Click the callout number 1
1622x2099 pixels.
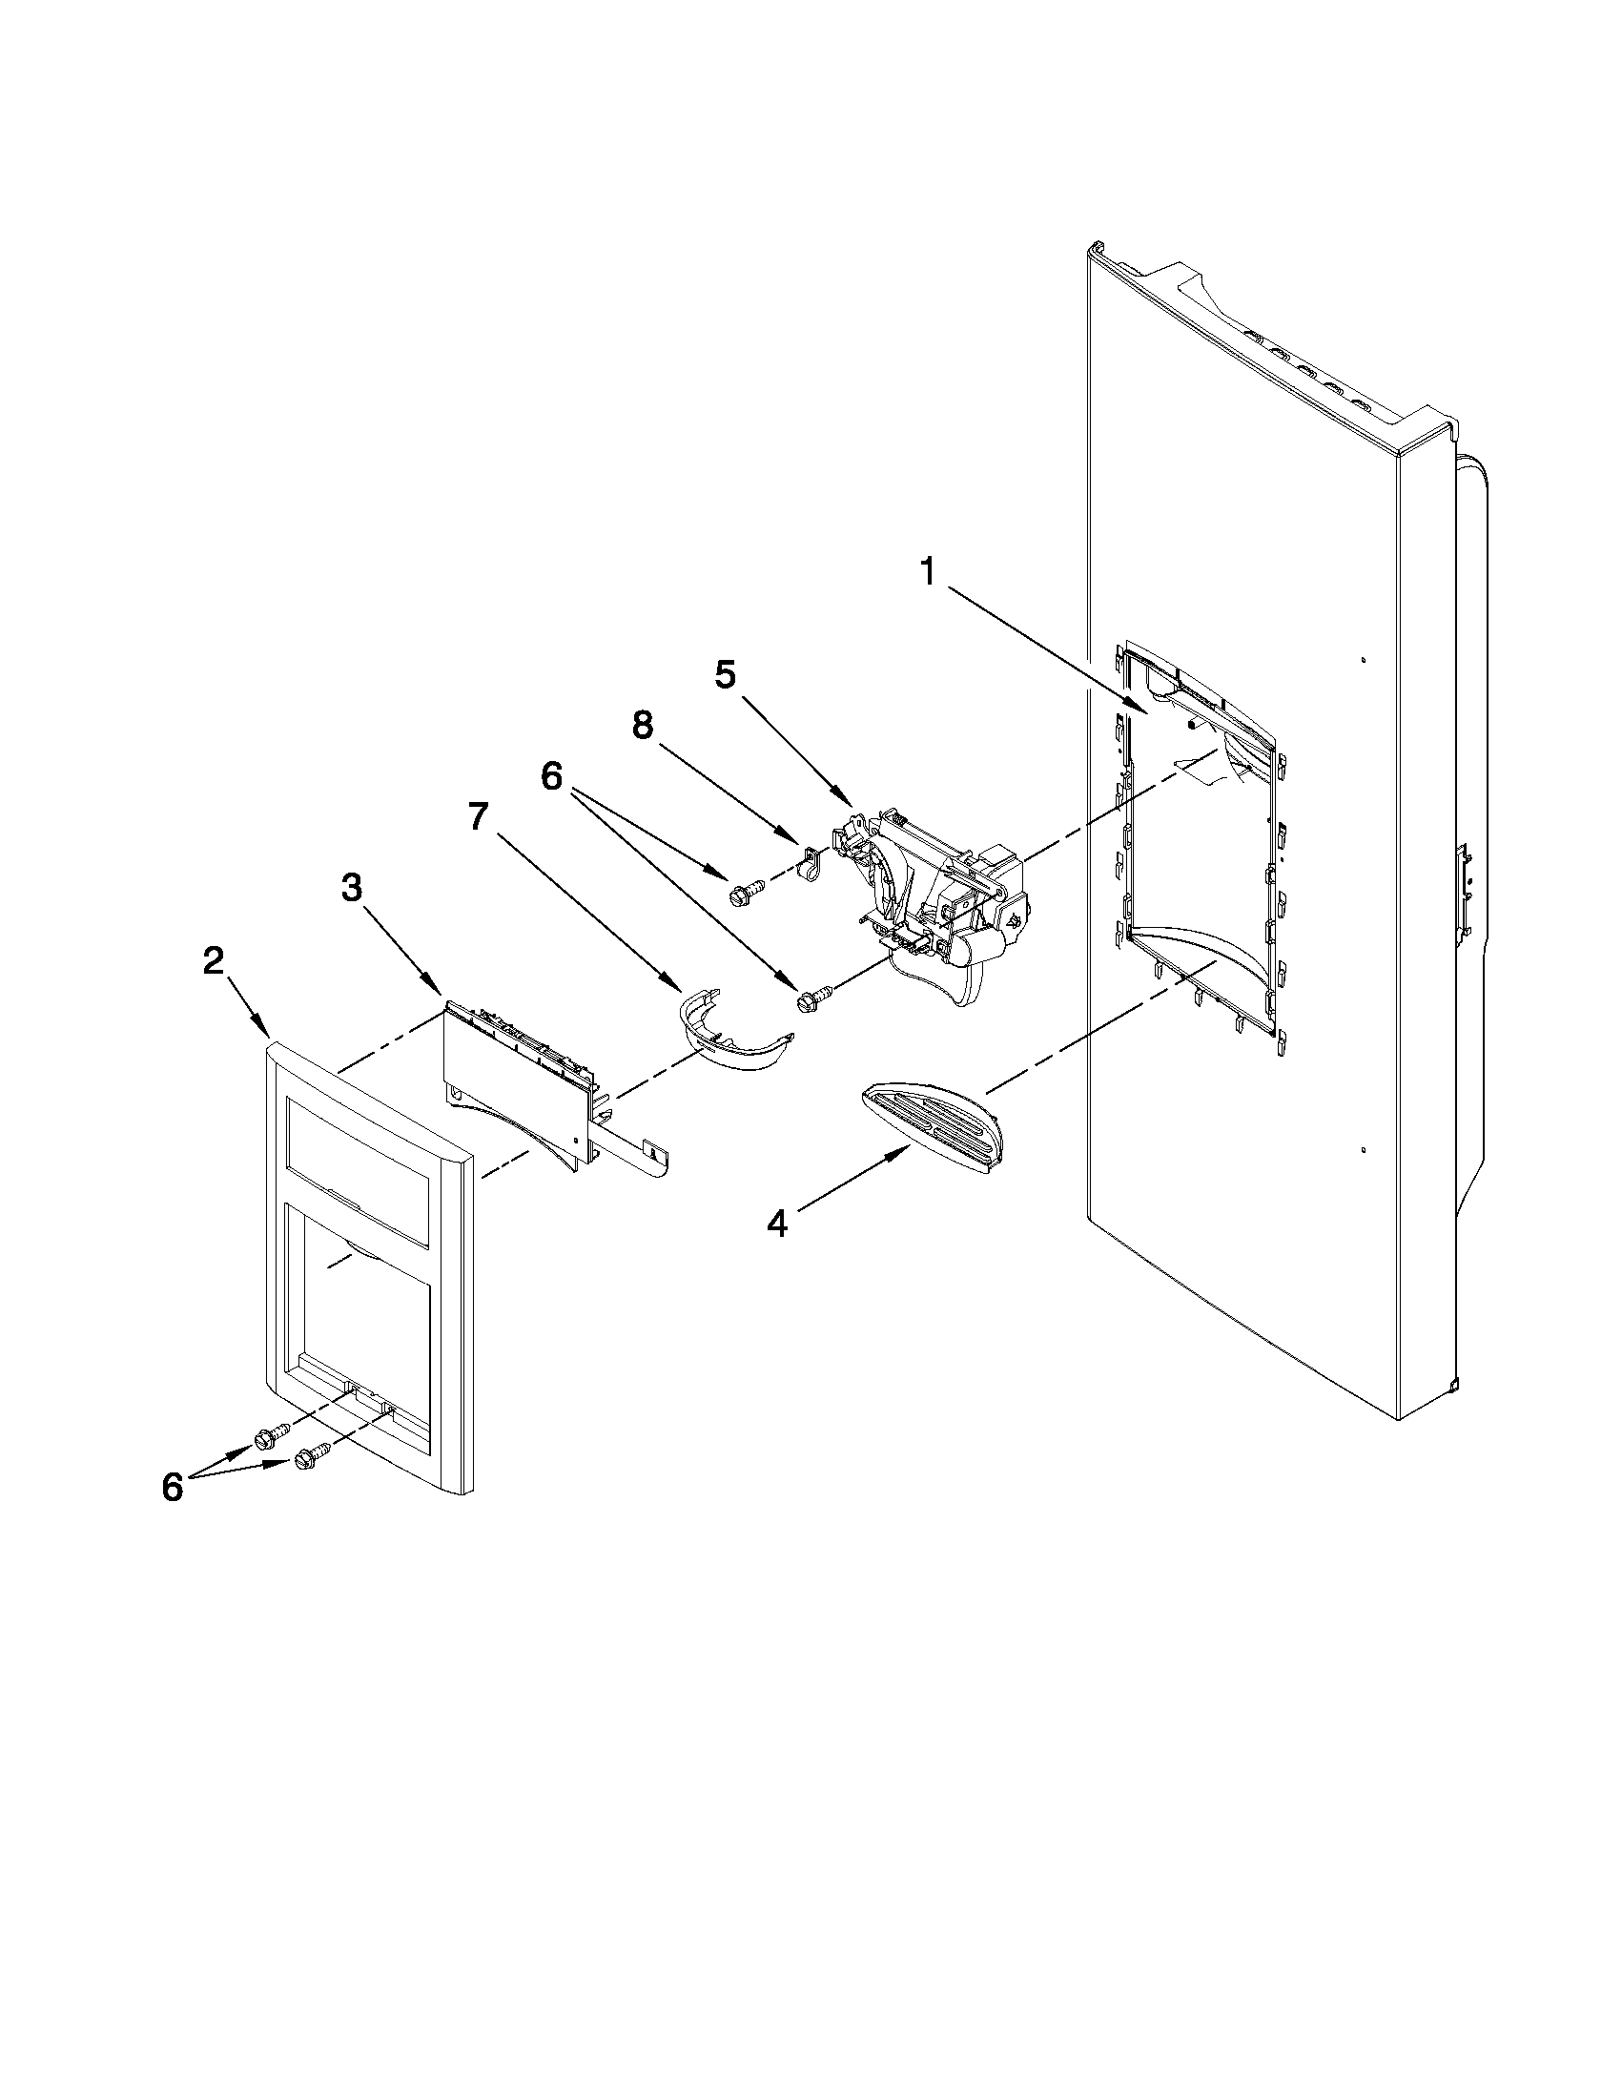point(926,573)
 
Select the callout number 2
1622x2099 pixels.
point(213,960)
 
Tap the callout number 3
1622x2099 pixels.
point(352,889)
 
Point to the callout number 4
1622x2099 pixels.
point(777,1224)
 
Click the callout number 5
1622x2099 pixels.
point(726,675)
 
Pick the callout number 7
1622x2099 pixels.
point(478,817)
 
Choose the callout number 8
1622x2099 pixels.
point(642,727)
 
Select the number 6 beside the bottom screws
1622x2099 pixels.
point(172,1487)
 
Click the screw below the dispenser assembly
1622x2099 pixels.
point(808,1000)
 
